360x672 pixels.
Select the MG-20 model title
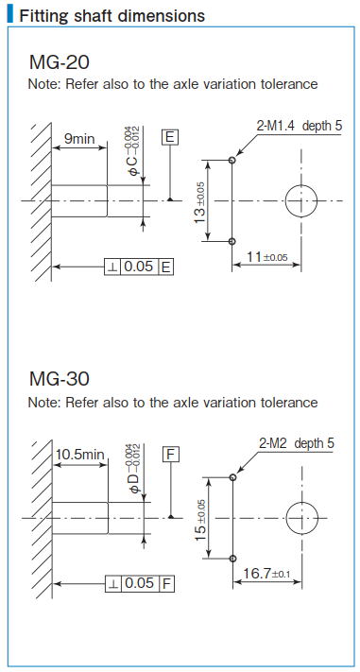click(60, 63)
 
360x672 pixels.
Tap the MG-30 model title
click(60, 379)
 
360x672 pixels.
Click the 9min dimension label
click(79, 139)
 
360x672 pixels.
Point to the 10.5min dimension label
click(80, 454)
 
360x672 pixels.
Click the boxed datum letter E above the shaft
click(169, 138)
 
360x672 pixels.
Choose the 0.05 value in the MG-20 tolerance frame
click(138, 267)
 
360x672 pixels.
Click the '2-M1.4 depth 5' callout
click(299, 125)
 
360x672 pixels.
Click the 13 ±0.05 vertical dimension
click(200, 200)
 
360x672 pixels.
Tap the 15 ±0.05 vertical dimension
click(200, 516)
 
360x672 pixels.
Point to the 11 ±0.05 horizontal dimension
click(266, 256)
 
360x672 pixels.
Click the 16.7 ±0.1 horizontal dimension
click(269, 574)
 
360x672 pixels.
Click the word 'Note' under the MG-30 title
click(43, 403)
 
